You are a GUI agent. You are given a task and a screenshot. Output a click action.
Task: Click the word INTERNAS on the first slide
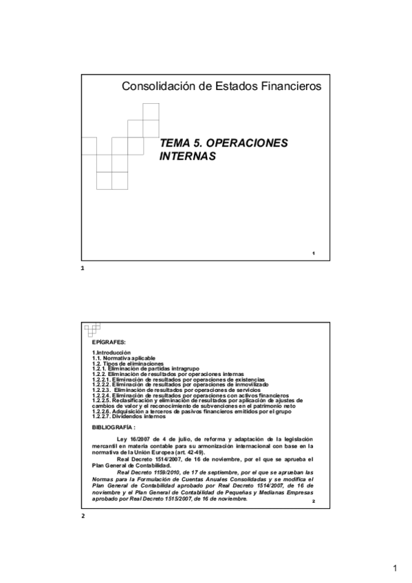click(x=188, y=156)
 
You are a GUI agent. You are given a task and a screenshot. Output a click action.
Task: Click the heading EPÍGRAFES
click(x=109, y=342)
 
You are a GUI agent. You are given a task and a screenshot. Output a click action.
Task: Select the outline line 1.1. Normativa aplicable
click(x=124, y=359)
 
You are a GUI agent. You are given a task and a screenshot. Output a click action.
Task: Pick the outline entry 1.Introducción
click(x=111, y=353)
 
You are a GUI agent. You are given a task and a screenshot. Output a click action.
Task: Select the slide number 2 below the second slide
click(x=83, y=516)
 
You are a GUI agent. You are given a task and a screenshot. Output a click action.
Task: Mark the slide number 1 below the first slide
click(x=83, y=268)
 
